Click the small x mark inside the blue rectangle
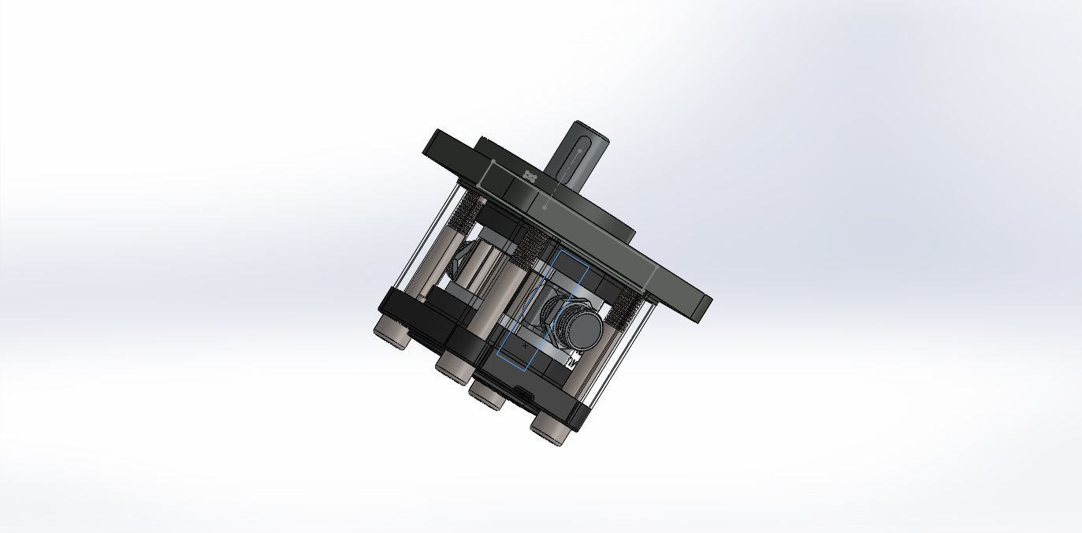(x=526, y=345)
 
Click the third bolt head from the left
(x=488, y=395)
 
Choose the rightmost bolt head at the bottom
(x=549, y=427)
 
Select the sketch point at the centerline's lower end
(x=545, y=207)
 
